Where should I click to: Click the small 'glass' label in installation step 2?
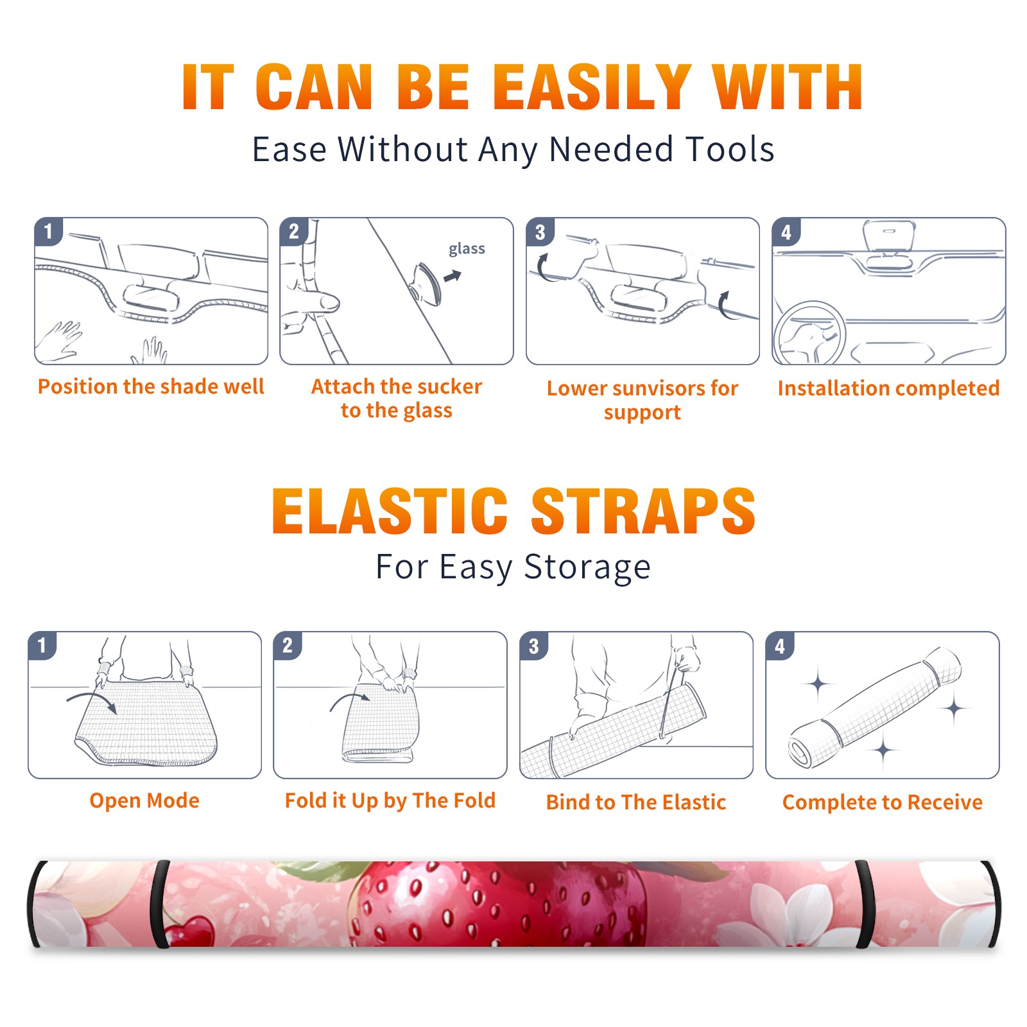click(x=467, y=248)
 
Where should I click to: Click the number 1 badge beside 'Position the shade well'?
click(x=48, y=231)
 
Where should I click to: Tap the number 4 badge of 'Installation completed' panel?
click(x=786, y=231)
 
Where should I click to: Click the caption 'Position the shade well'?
click(x=151, y=386)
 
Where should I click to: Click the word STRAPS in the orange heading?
click(x=643, y=511)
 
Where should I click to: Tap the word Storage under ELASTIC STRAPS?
click(x=587, y=567)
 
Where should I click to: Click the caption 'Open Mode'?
click(x=144, y=800)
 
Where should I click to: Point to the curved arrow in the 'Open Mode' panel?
click(x=91, y=698)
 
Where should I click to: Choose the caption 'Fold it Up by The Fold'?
click(x=390, y=800)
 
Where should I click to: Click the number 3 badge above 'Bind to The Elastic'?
click(x=533, y=646)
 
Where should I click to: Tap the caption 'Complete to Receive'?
click(x=883, y=802)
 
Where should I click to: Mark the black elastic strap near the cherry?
click(x=160, y=904)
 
